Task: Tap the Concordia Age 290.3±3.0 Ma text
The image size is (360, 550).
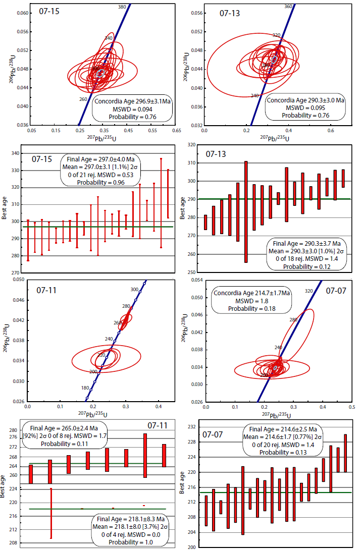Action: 306,100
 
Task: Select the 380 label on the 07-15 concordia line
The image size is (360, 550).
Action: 122,7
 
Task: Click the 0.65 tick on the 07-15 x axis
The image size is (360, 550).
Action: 177,130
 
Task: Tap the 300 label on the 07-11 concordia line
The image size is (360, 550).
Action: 134,290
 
